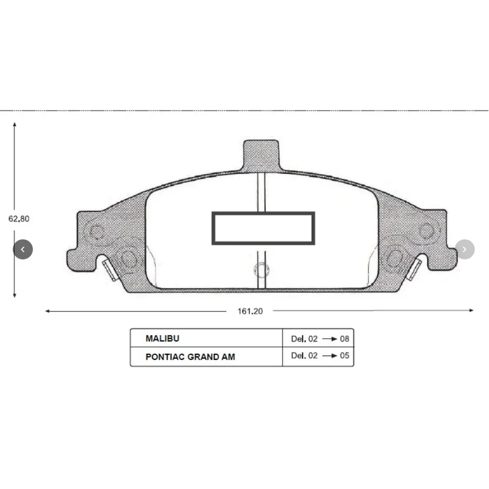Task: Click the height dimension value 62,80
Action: click(19, 218)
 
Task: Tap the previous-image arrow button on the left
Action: click(23, 249)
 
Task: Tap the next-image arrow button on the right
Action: click(465, 249)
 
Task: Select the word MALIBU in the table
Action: click(162, 339)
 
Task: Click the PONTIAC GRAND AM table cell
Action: click(190, 357)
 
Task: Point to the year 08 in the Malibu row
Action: click(344, 339)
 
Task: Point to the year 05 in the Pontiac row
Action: click(344, 356)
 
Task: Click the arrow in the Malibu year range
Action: click(329, 339)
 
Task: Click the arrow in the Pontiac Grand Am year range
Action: click(329, 356)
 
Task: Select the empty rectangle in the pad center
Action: click(263, 228)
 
